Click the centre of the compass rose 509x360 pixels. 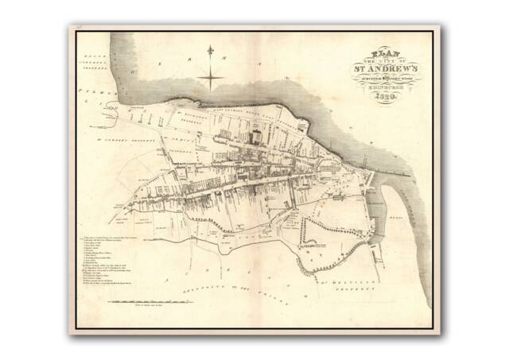click(x=210, y=77)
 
